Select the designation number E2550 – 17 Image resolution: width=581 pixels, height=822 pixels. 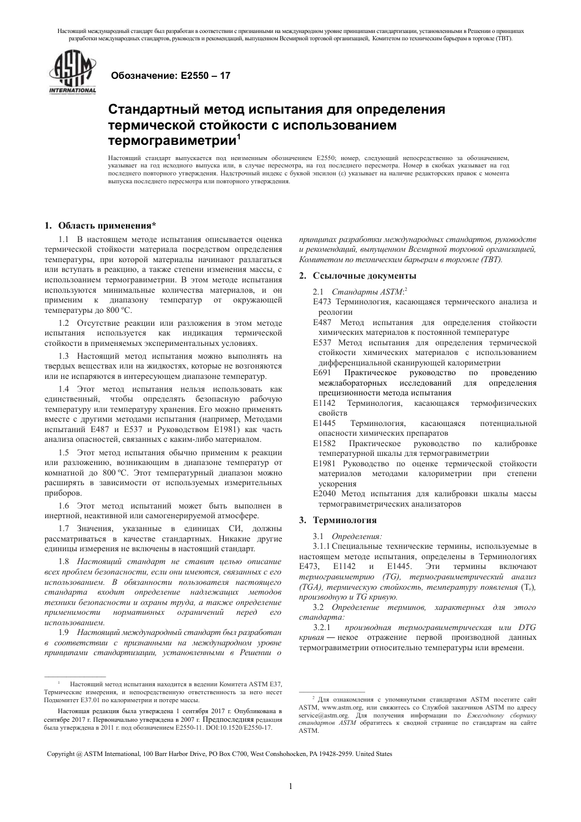click(204, 76)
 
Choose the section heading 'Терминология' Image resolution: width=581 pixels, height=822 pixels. click(345, 520)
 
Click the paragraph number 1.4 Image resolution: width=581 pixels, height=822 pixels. click(64, 389)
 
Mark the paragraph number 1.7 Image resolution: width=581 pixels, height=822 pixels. click(64, 528)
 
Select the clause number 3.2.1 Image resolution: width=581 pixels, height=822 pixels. click(322, 628)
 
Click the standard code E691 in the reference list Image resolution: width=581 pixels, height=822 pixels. click(322, 373)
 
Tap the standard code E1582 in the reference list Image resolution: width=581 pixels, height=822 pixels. click(324, 443)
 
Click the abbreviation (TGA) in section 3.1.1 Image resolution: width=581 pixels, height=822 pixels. click(311, 587)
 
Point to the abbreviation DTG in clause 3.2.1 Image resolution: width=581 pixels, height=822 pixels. click(527, 628)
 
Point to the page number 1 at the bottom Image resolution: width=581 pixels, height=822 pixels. click(290, 786)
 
